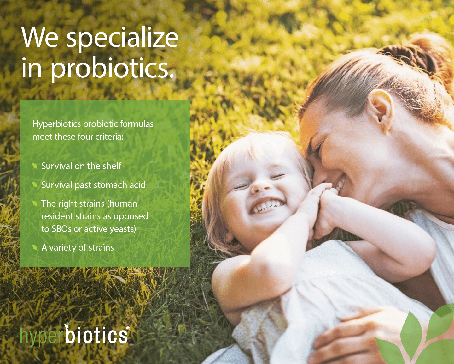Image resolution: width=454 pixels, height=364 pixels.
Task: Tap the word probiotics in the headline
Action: [x=112, y=68]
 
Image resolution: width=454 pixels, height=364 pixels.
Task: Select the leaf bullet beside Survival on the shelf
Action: [x=35, y=166]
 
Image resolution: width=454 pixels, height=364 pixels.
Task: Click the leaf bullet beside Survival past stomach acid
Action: [x=35, y=185]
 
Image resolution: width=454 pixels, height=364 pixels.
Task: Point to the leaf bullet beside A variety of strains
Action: [x=35, y=247]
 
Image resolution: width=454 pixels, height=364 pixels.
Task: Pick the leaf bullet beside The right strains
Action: [x=35, y=203]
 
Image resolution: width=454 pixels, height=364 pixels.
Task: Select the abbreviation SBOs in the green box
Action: [x=61, y=229]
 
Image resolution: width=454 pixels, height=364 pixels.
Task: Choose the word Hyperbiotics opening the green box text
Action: [x=57, y=124]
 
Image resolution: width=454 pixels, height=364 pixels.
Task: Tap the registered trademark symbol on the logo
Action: [x=128, y=329]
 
